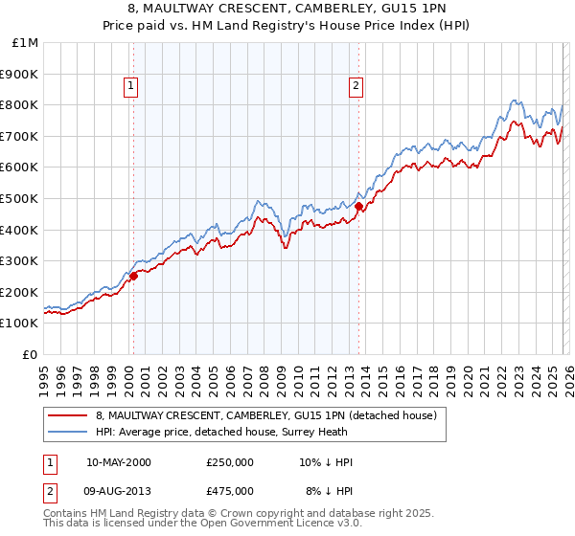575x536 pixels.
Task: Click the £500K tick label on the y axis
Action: pyautogui.click(x=19, y=198)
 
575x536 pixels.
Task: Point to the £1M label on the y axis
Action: pyautogui.click(x=25, y=43)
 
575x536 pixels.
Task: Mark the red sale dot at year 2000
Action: pyautogui.click(x=134, y=276)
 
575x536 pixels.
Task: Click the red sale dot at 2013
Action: pyautogui.click(x=358, y=206)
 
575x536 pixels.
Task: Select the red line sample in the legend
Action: pyautogui.click(x=66, y=415)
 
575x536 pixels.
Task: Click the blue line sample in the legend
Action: pyautogui.click(x=66, y=432)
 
